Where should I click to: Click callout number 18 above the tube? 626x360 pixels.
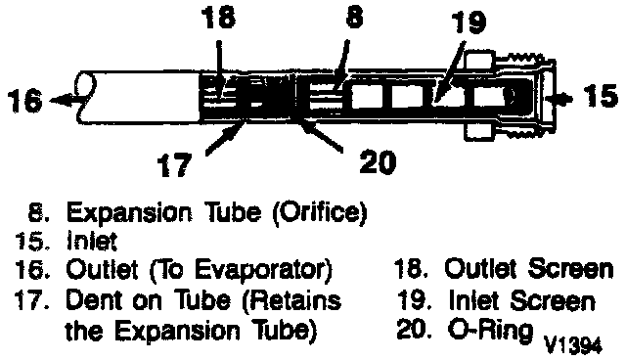tap(219, 18)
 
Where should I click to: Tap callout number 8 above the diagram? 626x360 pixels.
tap(354, 17)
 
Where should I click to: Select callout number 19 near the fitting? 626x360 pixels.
tap(469, 22)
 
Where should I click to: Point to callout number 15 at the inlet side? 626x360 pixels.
tap(600, 96)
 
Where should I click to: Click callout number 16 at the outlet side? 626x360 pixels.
tap(24, 100)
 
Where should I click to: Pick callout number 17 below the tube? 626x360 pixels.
tap(174, 165)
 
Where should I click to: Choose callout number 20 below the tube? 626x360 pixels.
tap(378, 162)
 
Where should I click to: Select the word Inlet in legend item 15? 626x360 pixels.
tap(92, 241)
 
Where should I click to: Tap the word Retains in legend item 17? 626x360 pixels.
tap(292, 301)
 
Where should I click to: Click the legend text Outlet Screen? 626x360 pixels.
tap(529, 268)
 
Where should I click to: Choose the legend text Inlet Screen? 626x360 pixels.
tap(522, 300)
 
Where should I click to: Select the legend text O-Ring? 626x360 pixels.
tap(491, 330)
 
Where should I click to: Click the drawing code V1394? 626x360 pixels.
tap(573, 345)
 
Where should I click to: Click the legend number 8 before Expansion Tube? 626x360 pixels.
tap(39, 212)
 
